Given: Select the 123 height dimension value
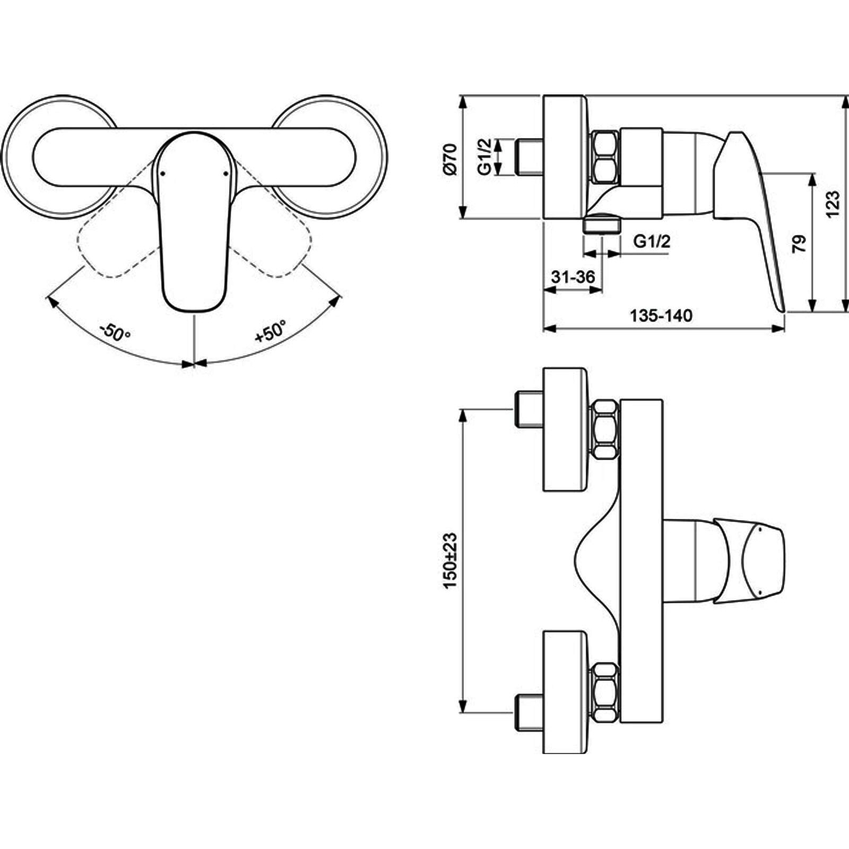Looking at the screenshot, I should click(833, 203).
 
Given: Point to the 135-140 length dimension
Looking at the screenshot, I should click(661, 316).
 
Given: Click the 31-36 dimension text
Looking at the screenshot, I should click(573, 276).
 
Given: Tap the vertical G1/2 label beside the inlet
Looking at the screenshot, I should click(484, 157).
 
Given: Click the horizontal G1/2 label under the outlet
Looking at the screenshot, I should click(652, 241).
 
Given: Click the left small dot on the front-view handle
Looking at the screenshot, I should click(163, 173).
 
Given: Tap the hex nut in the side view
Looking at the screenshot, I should click(605, 158).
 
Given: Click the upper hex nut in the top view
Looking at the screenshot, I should click(605, 430).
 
